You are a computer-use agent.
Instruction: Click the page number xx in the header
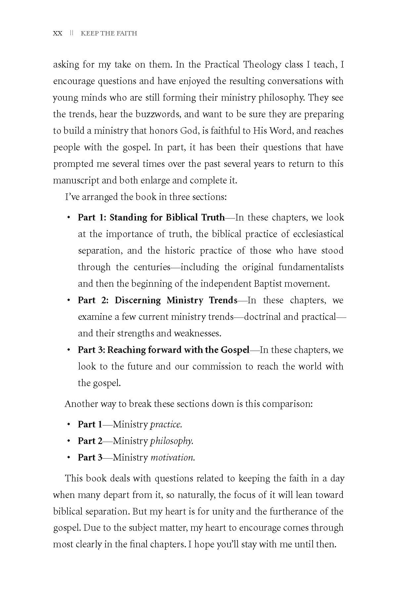click(x=57, y=33)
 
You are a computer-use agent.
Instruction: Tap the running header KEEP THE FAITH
click(x=109, y=33)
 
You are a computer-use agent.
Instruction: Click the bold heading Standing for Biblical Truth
click(x=167, y=218)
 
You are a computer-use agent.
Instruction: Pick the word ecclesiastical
click(x=318, y=234)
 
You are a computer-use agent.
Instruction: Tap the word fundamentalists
click(x=311, y=267)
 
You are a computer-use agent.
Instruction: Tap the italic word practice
click(x=166, y=424)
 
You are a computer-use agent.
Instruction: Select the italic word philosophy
click(x=172, y=441)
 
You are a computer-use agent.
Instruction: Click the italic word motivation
click(x=173, y=458)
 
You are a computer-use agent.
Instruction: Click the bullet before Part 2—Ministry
click(x=68, y=441)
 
